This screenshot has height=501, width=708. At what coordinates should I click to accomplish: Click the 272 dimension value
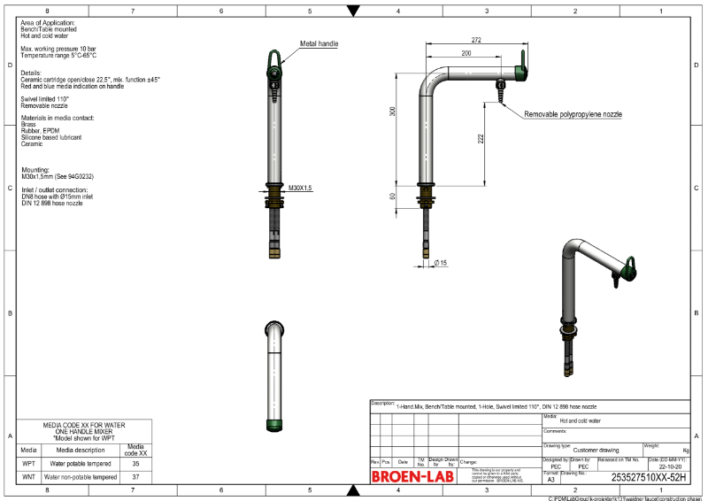[476, 41]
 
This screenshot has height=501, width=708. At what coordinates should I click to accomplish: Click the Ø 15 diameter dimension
[441, 263]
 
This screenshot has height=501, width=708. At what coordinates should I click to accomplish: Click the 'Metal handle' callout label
[319, 43]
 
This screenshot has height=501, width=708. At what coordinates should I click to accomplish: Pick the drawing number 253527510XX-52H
[649, 476]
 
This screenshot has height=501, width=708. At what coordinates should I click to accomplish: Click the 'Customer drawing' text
[596, 450]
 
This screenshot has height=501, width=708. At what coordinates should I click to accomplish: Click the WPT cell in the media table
[29, 463]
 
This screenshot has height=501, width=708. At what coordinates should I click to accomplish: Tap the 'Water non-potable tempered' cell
[81, 477]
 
